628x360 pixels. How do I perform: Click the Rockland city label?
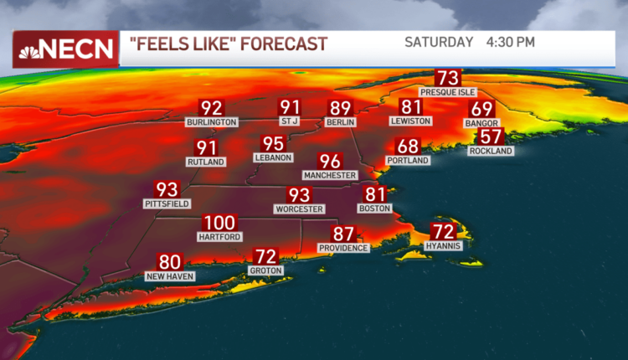pos(491,151)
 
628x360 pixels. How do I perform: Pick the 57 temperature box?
pos(491,137)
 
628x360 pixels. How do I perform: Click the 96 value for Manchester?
pos(330,162)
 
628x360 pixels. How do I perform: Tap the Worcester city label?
pos(299,208)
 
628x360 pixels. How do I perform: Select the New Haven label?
pos(169,275)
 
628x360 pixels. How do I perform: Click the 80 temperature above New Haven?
pos(170,262)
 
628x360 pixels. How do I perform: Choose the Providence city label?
pos(343,248)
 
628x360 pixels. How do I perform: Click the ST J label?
pos(290,122)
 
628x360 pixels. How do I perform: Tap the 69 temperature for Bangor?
pos(481,109)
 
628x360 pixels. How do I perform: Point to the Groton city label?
pos(265,270)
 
